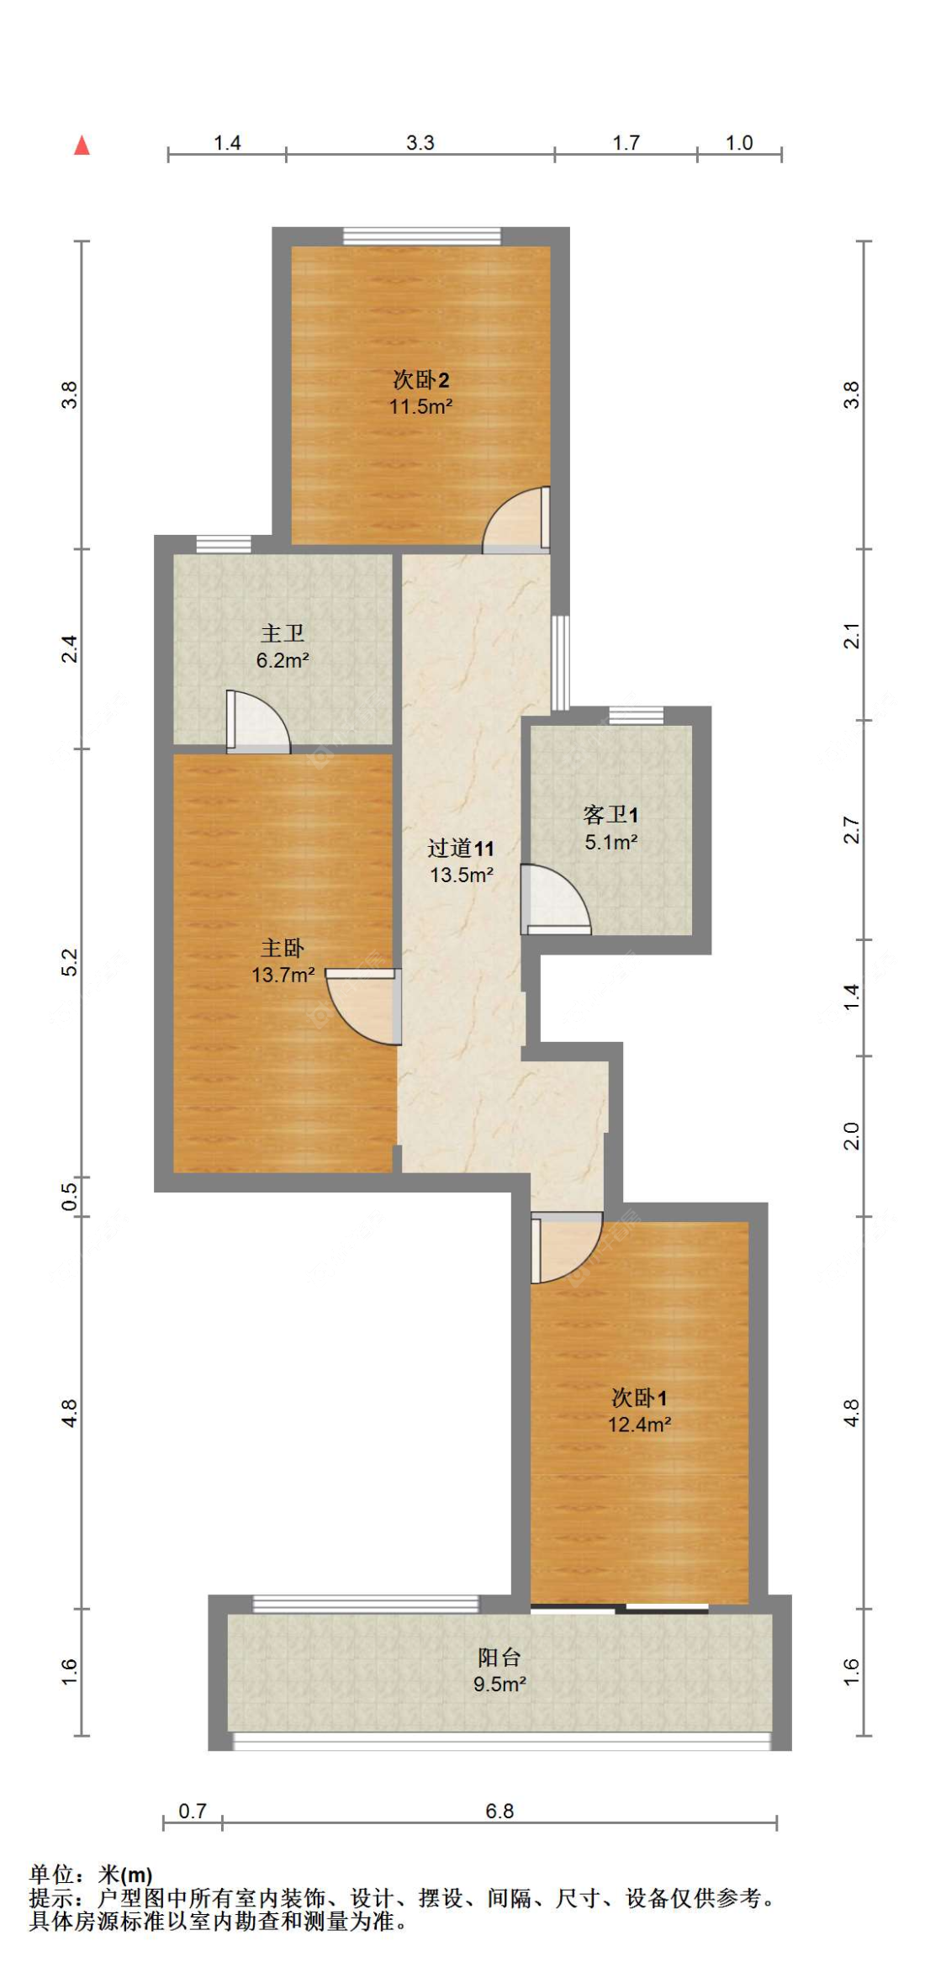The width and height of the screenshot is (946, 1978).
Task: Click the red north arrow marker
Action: point(82,145)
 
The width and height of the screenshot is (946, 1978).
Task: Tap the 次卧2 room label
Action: point(420,380)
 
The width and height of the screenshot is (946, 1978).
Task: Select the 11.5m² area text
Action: point(420,407)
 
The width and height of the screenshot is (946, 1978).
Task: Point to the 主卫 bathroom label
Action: point(283,633)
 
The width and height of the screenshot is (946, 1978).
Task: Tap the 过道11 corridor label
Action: point(461,849)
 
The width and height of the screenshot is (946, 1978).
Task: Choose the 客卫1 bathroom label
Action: point(610,815)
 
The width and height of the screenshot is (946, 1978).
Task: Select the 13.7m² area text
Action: point(283,976)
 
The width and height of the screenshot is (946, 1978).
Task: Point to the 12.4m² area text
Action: point(639,1425)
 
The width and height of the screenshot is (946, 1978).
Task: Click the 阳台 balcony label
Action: point(499,1658)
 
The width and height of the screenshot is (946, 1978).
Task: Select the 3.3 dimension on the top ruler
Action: point(420,143)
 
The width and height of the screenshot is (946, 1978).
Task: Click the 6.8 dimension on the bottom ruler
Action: point(499,1811)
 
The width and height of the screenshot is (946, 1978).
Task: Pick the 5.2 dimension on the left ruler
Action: point(70,962)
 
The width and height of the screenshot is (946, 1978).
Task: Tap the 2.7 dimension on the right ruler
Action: point(852,830)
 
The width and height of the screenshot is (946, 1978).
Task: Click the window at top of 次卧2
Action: point(421,236)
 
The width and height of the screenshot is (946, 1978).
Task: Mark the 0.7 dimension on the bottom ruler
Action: point(193,1811)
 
